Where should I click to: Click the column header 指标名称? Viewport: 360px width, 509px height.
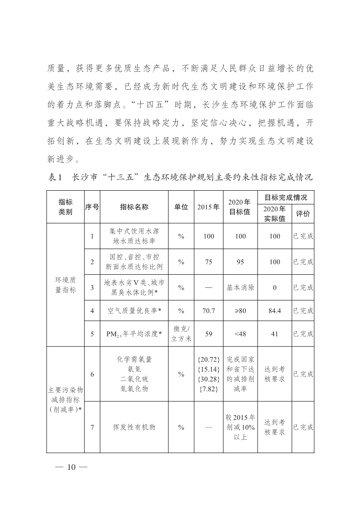click(134, 207)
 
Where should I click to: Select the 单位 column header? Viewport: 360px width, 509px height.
click(181, 207)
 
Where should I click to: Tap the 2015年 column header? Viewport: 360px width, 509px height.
click(208, 207)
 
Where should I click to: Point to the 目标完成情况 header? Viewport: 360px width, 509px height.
click(286, 198)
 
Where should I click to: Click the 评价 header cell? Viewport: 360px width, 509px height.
click(303, 214)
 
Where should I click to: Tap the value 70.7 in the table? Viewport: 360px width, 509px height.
click(208, 311)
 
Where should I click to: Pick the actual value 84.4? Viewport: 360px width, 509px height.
click(275, 311)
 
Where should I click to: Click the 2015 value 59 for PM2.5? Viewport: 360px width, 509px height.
click(208, 334)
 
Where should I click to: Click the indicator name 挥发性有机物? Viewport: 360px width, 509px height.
click(134, 427)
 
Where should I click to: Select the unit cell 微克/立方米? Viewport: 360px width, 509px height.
click(181, 334)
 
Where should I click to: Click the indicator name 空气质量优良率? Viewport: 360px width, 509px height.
click(134, 311)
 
